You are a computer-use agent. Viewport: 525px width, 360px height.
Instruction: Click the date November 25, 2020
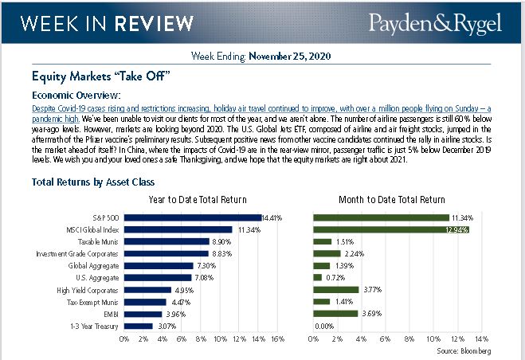[x=290, y=57]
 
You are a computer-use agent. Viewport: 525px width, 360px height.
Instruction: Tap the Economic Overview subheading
[x=76, y=95]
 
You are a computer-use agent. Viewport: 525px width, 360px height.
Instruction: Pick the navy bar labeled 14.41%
[x=193, y=217]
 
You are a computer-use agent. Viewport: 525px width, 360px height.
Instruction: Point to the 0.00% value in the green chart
[x=323, y=326]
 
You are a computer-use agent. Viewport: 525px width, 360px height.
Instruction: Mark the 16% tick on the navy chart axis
[x=278, y=339]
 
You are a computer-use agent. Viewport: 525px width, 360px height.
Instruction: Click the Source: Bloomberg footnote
[x=464, y=350]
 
